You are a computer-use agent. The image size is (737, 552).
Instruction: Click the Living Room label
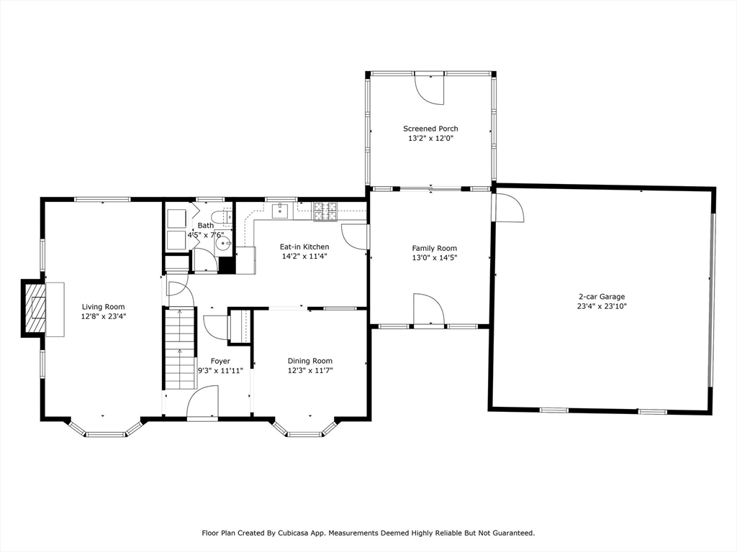(x=104, y=307)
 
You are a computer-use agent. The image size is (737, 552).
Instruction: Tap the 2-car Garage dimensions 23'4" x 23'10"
(x=602, y=306)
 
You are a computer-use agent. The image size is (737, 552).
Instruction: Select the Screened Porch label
(x=430, y=129)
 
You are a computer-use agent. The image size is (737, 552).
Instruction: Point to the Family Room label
(x=434, y=248)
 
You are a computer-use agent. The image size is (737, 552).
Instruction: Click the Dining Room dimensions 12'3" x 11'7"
(x=310, y=371)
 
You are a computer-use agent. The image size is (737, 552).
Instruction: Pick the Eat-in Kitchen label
(x=304, y=247)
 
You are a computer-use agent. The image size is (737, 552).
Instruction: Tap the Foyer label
(x=220, y=361)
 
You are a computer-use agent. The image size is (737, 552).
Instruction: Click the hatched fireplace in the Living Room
(x=36, y=308)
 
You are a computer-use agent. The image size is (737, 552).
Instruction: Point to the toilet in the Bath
(x=222, y=217)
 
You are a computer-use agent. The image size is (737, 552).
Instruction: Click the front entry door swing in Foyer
(x=202, y=401)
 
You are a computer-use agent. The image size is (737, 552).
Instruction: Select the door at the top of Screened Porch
(x=429, y=88)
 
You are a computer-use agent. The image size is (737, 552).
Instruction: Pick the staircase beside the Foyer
(x=179, y=348)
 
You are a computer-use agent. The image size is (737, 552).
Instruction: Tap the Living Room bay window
(x=106, y=428)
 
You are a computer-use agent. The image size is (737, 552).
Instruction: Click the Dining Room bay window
(x=305, y=428)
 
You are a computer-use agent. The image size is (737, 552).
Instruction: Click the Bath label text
(x=206, y=226)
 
